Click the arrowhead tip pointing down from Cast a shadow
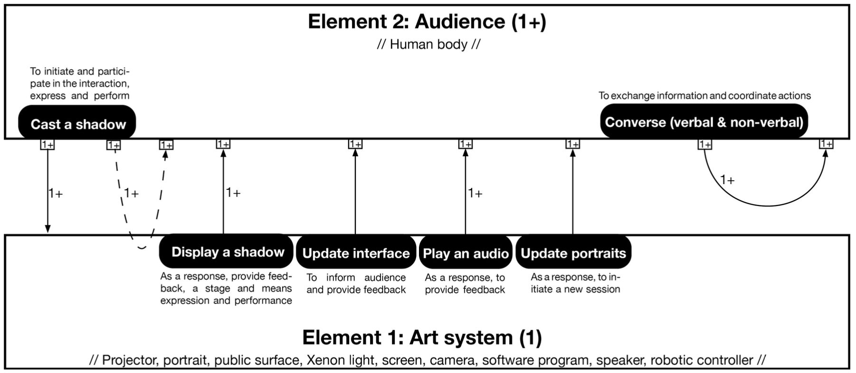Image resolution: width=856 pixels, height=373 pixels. coord(48,233)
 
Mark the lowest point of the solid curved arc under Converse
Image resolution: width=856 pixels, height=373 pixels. coord(768,206)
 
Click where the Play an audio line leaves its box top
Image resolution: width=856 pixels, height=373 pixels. coord(466,235)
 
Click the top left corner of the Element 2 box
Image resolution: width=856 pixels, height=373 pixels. coord(5,5)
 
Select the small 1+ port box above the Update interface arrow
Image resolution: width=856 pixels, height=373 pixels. coord(355,144)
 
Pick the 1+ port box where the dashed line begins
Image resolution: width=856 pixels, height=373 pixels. coord(114,145)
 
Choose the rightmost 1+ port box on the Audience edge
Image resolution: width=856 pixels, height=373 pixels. coord(827,144)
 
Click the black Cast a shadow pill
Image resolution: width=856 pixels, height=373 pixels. coord(77,124)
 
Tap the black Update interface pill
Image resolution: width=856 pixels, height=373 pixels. coord(356,253)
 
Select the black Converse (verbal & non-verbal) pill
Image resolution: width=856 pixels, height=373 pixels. coord(704,122)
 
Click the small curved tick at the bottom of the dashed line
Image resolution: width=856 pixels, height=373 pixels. coord(142,247)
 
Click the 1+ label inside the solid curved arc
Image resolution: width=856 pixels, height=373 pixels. coord(727,180)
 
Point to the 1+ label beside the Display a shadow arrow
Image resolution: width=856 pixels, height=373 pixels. coord(233,193)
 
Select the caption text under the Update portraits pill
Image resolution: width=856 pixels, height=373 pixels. coord(575,283)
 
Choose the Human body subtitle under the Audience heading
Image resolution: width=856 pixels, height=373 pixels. coord(428,44)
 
